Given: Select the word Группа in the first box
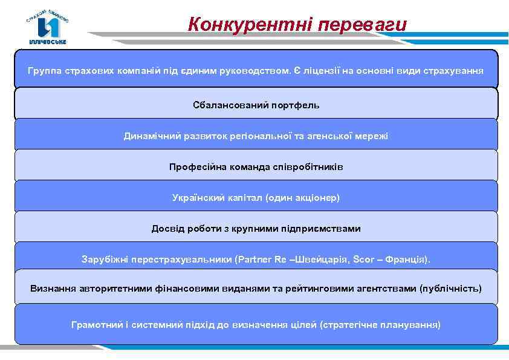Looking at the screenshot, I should click(x=44, y=71).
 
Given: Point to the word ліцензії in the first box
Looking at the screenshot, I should click(x=321, y=71).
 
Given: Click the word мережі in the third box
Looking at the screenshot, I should click(x=373, y=136).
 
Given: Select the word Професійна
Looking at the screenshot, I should click(x=197, y=167).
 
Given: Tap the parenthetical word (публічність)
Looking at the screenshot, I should click(x=450, y=289).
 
